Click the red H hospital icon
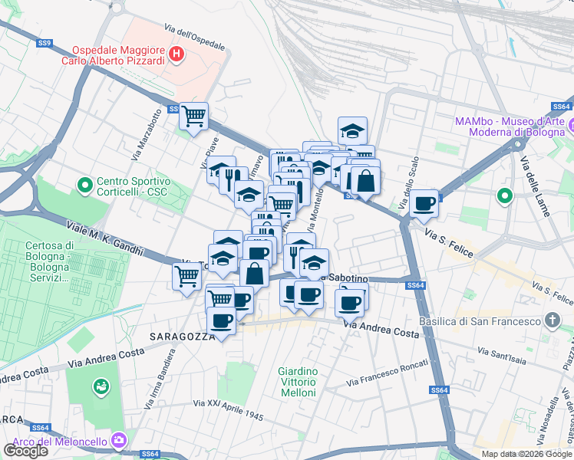pos(177,54)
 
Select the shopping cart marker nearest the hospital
pos(193,117)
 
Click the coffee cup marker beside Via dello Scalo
pos(424,203)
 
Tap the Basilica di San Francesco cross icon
pos(552,320)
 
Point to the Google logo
pos(25,451)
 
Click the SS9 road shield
pos(44,44)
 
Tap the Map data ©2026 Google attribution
pos(526,454)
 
